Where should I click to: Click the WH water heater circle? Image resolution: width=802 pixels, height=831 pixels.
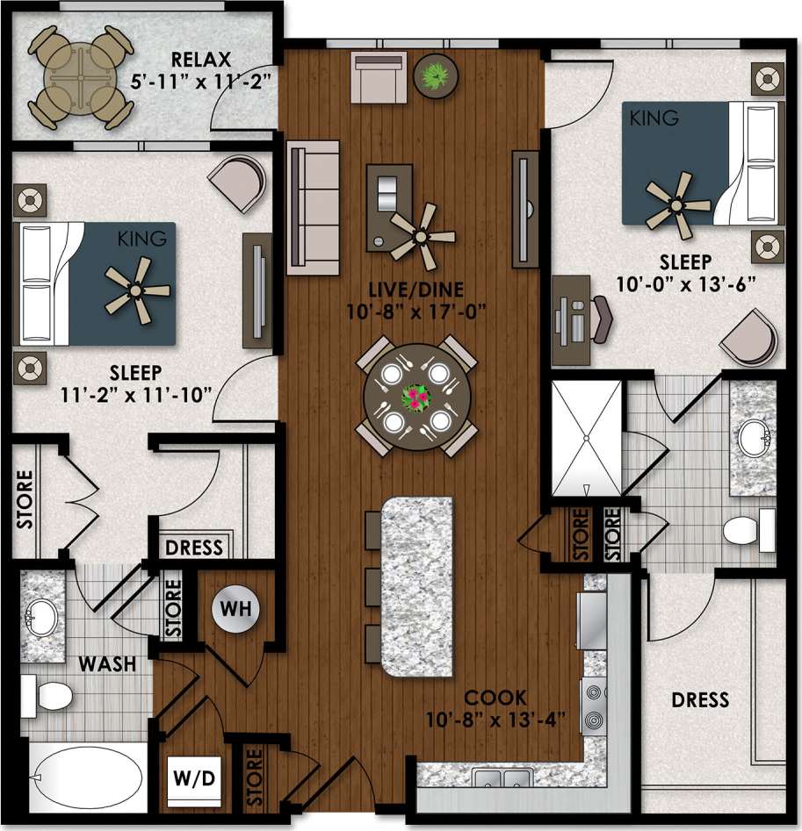(x=236, y=608)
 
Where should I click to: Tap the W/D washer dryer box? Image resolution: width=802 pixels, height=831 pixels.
(x=194, y=777)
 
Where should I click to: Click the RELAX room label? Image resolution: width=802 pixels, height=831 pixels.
(x=201, y=61)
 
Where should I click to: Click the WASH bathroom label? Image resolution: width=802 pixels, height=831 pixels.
(x=108, y=664)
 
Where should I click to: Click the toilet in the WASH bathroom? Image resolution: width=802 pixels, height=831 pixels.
(x=48, y=695)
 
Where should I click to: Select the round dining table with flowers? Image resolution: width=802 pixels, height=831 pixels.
(x=417, y=397)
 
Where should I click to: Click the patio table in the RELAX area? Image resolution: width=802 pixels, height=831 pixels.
(x=80, y=75)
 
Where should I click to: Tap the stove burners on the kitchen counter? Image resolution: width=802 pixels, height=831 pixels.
(x=593, y=704)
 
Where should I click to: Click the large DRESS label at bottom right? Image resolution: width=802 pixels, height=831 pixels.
(x=700, y=699)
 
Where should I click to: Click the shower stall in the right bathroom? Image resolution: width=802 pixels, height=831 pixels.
(x=584, y=437)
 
